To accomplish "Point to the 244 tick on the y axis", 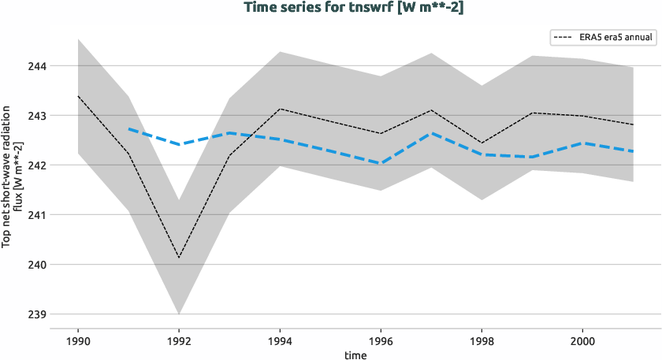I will click(x=36, y=66).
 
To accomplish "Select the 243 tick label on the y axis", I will click(x=36, y=116).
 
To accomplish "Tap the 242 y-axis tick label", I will click(x=36, y=165).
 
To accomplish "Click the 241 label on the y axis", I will click(x=36, y=215).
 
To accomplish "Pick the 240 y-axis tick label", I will click(x=36, y=265).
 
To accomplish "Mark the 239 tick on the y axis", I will click(x=36, y=314).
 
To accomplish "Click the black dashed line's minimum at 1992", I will click(x=179, y=258).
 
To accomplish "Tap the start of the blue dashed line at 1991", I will click(x=128, y=128).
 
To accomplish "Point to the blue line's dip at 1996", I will click(x=381, y=163).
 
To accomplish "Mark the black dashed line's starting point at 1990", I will click(x=77, y=96).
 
